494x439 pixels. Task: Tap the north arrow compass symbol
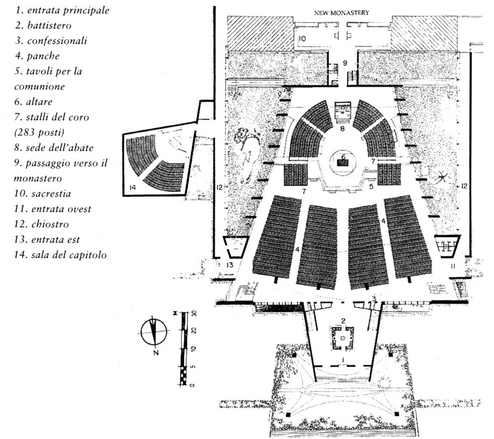tap(154, 333)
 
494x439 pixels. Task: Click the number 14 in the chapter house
tap(132, 187)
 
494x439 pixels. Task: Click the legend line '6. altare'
tap(36, 101)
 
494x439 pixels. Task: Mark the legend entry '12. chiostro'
tap(41, 224)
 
